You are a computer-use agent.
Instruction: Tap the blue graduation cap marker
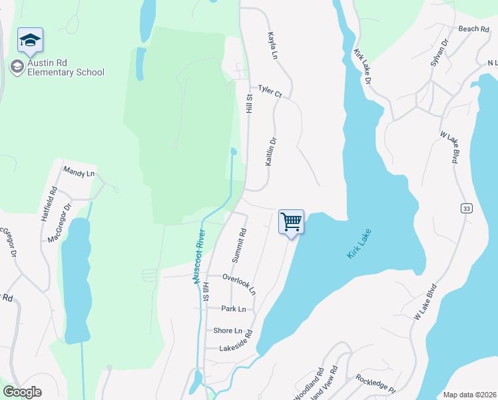[x=30, y=41]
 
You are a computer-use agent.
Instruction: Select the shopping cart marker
[x=291, y=222]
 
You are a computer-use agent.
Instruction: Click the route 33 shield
[x=466, y=209]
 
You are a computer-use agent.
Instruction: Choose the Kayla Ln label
[x=272, y=45]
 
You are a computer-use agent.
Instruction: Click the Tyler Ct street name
[x=270, y=91]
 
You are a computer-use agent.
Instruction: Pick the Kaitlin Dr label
[x=270, y=153]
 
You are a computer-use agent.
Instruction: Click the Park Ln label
[x=234, y=309]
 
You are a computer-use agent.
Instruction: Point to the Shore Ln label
[x=228, y=331]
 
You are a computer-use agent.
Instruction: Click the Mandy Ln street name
[x=79, y=173]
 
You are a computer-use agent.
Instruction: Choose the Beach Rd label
[x=474, y=29]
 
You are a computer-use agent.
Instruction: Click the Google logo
[x=23, y=392]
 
